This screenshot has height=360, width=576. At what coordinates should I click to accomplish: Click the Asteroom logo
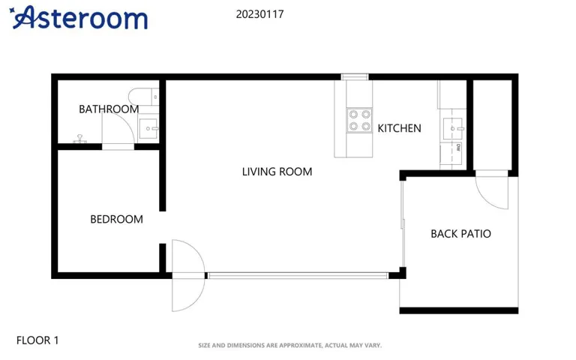pyautogui.click(x=78, y=18)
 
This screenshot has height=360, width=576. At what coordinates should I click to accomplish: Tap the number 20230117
pyautogui.click(x=259, y=14)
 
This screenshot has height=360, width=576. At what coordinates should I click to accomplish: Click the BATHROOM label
pyautogui.click(x=109, y=109)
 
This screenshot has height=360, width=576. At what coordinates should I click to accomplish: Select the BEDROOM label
pyautogui.click(x=116, y=219)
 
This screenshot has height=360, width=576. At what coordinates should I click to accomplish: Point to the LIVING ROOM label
pyautogui.click(x=277, y=172)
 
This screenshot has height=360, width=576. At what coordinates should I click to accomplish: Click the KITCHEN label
pyautogui.click(x=399, y=128)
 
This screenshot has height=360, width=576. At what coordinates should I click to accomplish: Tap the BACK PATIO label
pyautogui.click(x=460, y=234)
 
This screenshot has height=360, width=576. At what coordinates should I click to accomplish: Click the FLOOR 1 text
pyautogui.click(x=37, y=340)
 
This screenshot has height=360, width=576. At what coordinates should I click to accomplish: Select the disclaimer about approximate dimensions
pyautogui.click(x=289, y=345)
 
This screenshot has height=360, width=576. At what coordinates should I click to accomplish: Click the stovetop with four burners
pyautogui.click(x=360, y=121)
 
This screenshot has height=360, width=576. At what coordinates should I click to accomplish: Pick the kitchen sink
pyautogui.click(x=452, y=128)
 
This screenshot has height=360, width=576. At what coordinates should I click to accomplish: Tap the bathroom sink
pyautogui.click(x=148, y=128)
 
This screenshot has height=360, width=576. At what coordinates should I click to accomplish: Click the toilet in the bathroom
pyautogui.click(x=144, y=97)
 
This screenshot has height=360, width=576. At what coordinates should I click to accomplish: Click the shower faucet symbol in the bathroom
pyautogui.click(x=79, y=139)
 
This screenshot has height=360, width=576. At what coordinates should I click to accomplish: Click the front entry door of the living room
pyautogui.click(x=188, y=275)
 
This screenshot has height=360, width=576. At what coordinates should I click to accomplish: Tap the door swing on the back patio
pyautogui.click(x=491, y=193)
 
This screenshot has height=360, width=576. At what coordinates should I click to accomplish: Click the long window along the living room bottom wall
pyautogui.click(x=298, y=275)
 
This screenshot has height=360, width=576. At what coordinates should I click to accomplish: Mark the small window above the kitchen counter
pyautogui.click(x=355, y=77)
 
